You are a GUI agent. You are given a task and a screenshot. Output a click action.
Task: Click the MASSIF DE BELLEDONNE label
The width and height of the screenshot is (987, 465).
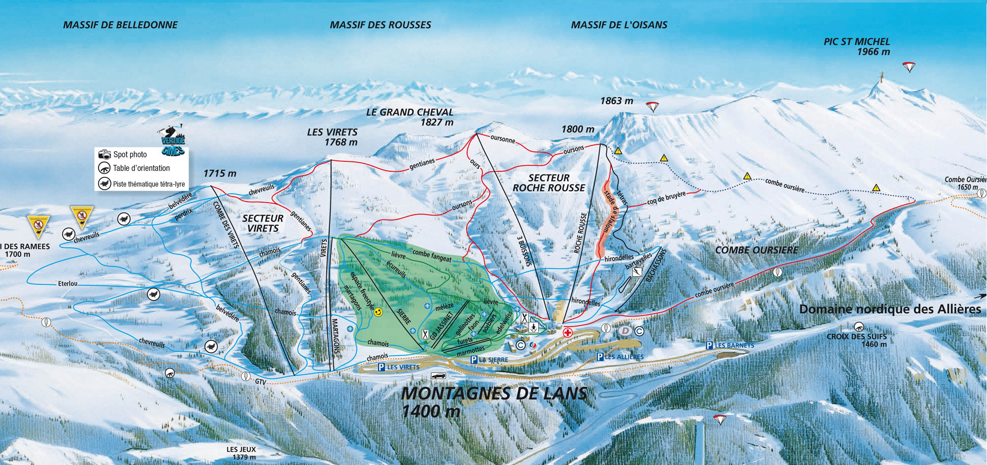(120, 25)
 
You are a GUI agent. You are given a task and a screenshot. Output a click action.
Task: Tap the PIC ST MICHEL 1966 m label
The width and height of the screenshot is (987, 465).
(857, 47)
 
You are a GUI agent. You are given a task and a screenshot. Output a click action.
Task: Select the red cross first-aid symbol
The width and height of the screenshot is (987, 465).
(567, 333)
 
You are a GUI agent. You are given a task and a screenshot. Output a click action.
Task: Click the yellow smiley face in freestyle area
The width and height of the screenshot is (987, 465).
(378, 312)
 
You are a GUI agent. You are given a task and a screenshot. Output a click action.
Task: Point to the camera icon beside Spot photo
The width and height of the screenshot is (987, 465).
(105, 154)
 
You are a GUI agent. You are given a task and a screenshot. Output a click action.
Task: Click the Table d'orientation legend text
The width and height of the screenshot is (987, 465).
(141, 168)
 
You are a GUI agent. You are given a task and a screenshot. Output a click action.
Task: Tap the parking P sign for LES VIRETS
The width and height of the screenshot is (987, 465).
(381, 367)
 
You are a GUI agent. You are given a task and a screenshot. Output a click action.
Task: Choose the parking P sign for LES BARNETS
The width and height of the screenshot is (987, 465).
(709, 346)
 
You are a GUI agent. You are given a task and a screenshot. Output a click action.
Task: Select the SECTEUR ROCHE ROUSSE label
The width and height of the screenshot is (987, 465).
(549, 183)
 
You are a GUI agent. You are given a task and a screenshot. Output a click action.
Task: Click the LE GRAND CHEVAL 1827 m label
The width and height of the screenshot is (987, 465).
(410, 117)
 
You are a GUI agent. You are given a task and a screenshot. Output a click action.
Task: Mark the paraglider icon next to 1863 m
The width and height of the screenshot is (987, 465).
(652, 106)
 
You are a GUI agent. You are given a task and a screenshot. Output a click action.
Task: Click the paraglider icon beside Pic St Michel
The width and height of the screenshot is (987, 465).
(909, 67)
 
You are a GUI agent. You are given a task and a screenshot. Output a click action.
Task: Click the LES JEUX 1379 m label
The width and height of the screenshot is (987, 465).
(241, 453)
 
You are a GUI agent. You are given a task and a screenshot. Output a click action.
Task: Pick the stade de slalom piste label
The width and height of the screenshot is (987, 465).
(610, 213)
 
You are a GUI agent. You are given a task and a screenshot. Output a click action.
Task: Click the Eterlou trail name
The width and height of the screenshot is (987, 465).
(68, 284)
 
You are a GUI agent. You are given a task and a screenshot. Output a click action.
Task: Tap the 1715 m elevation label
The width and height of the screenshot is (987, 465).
(220, 173)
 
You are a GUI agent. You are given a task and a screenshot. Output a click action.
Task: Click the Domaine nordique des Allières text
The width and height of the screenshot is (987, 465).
(890, 309)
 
